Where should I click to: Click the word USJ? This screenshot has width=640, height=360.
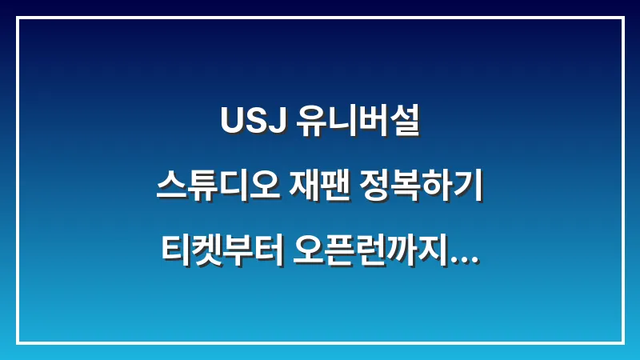coord(249,125)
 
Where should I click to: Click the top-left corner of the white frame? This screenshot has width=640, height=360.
coord(18,18)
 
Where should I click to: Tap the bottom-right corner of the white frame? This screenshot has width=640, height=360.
coord(622,342)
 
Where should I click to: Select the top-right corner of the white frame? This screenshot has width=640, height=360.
coord(622,18)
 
